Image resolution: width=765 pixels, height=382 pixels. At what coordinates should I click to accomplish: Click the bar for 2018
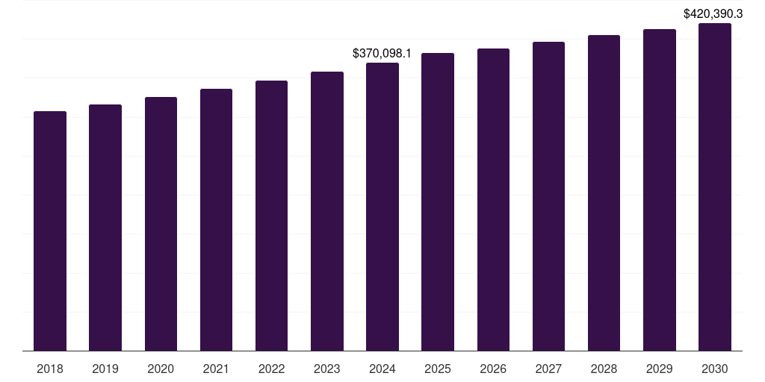point(50,231)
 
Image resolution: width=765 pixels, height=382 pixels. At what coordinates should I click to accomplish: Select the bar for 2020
point(161,224)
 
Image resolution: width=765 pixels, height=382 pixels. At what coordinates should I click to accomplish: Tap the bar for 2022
point(271,216)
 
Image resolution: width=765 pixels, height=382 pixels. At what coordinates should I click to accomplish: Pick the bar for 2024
point(382,207)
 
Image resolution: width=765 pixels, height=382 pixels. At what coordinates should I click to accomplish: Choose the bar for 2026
point(493,200)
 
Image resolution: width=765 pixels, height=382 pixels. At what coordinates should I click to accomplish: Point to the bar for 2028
point(604,193)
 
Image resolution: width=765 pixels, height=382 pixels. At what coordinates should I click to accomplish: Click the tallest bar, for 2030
point(715,187)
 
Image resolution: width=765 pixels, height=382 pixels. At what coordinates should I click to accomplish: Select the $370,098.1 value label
point(382,54)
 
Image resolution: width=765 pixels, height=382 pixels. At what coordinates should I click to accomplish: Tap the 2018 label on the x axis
point(50,369)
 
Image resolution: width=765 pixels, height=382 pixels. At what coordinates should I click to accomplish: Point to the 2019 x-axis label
point(105,369)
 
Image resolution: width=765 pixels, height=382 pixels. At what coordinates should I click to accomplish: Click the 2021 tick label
point(216,369)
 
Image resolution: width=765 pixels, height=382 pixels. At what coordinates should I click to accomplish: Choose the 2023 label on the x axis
point(327,369)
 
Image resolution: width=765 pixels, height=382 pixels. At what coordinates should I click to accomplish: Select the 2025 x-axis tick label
point(438,369)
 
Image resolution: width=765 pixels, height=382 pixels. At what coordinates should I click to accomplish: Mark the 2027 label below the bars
point(548,369)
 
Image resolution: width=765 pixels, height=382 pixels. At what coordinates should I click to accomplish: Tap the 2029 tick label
point(659,369)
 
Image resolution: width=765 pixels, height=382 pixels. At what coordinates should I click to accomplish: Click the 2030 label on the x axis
point(715,369)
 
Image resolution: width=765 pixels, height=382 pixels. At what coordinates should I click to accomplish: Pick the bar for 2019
point(105,228)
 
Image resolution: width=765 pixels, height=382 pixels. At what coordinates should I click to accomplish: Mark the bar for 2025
point(438,202)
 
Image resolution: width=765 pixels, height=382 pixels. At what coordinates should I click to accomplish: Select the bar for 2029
point(659,190)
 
